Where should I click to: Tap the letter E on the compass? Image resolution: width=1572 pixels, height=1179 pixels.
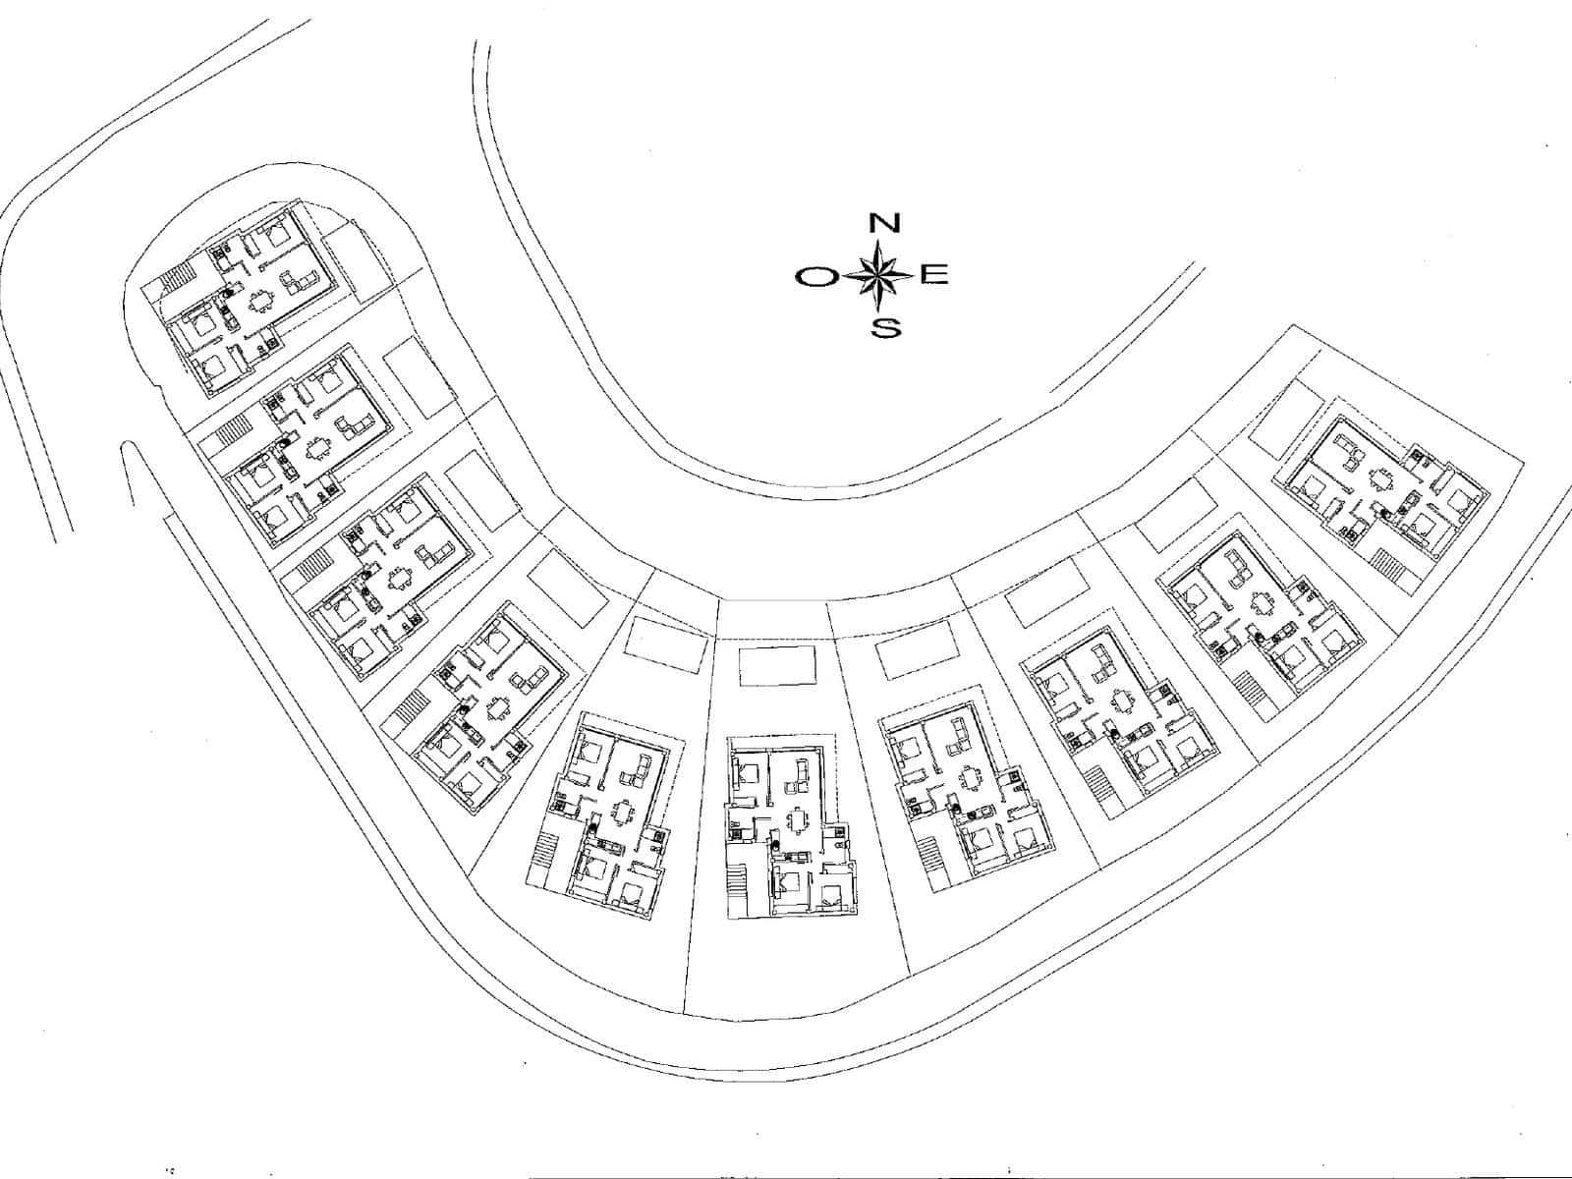point(935,275)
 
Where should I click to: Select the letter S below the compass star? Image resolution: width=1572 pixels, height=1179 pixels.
point(886,328)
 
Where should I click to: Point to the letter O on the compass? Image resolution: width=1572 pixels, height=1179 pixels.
point(814,278)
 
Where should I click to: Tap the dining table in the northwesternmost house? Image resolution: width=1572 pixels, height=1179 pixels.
point(259,303)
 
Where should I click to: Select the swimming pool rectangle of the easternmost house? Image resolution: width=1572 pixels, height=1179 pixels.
point(1287,419)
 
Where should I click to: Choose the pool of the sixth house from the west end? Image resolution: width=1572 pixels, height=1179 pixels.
point(777,664)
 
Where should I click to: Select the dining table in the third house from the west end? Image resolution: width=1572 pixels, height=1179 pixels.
point(400,578)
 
